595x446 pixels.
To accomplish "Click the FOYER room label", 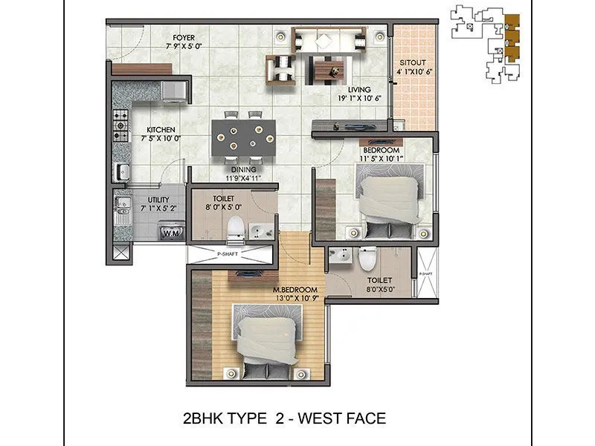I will (x=184, y=36).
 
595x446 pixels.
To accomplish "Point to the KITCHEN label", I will (x=161, y=129).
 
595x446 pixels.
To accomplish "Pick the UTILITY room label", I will (x=158, y=200).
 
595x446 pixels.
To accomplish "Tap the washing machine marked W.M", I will (x=171, y=233).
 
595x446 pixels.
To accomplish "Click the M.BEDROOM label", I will (x=295, y=289).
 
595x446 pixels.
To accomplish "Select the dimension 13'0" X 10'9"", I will (x=295, y=298).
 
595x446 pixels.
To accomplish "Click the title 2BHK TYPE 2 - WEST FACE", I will (x=284, y=418).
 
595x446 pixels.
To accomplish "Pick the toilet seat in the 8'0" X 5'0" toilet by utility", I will (x=234, y=230).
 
